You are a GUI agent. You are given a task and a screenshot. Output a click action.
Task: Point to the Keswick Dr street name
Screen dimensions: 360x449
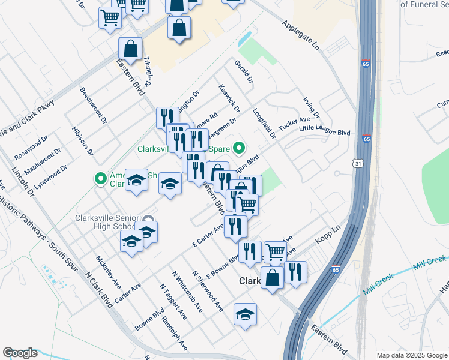[x=230, y=98]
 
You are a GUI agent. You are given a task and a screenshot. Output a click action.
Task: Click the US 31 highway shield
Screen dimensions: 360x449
[x=358, y=163]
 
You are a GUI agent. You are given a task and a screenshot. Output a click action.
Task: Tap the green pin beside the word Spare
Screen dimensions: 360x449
[x=239, y=147]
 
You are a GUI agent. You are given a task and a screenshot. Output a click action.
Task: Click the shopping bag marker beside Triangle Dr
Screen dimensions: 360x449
[x=130, y=50]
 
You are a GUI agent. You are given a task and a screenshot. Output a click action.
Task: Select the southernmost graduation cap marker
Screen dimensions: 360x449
[x=245, y=315]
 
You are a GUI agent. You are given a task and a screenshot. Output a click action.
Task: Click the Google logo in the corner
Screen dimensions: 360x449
[x=20, y=353]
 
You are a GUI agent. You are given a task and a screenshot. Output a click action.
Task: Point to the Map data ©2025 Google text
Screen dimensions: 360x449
[x=411, y=355]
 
